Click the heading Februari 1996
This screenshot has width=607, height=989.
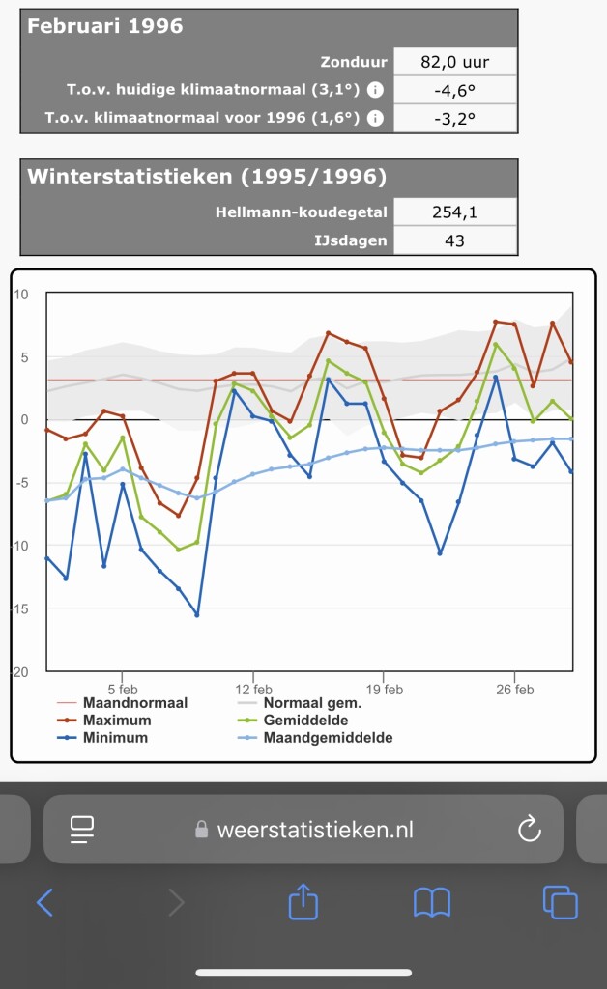105,27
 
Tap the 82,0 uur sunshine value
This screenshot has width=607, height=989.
454,62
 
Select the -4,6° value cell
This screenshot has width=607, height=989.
454,91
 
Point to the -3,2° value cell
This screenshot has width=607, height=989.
454,119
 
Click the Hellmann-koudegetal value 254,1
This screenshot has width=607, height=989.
454,212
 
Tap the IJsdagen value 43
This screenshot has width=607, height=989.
454,240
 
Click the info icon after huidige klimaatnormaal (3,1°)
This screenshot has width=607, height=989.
375,91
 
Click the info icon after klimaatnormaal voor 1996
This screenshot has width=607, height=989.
375,119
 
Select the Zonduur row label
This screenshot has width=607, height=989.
354,62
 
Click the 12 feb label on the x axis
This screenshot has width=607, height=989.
253,689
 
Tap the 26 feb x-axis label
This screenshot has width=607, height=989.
514,689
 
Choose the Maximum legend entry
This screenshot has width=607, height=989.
117,721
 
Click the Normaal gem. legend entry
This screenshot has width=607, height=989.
319,703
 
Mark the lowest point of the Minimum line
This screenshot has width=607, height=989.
197,614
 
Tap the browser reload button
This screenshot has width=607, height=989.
529,828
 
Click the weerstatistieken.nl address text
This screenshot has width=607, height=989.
316,829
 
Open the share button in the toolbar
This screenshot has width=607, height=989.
303,902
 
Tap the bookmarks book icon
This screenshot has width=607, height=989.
432,902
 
